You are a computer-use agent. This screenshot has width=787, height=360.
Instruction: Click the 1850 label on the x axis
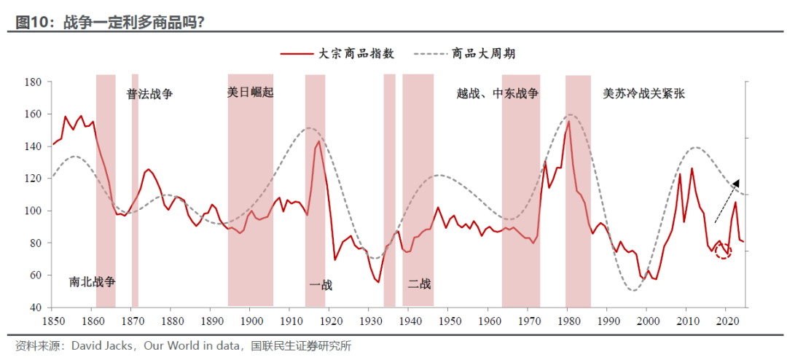(x=52, y=321)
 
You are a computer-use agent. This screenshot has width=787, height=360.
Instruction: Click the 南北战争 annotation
(x=93, y=281)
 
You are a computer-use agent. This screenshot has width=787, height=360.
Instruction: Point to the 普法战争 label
(x=149, y=94)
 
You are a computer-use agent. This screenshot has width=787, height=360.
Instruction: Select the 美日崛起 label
(x=250, y=93)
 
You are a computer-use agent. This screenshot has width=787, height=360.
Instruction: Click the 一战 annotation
(x=321, y=285)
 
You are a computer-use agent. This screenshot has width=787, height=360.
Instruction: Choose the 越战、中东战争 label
(x=498, y=93)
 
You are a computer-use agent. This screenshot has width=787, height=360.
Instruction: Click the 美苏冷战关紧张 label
(x=643, y=93)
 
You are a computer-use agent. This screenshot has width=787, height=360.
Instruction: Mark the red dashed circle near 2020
(x=723, y=251)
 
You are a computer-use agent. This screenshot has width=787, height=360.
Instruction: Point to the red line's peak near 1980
(x=568, y=121)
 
